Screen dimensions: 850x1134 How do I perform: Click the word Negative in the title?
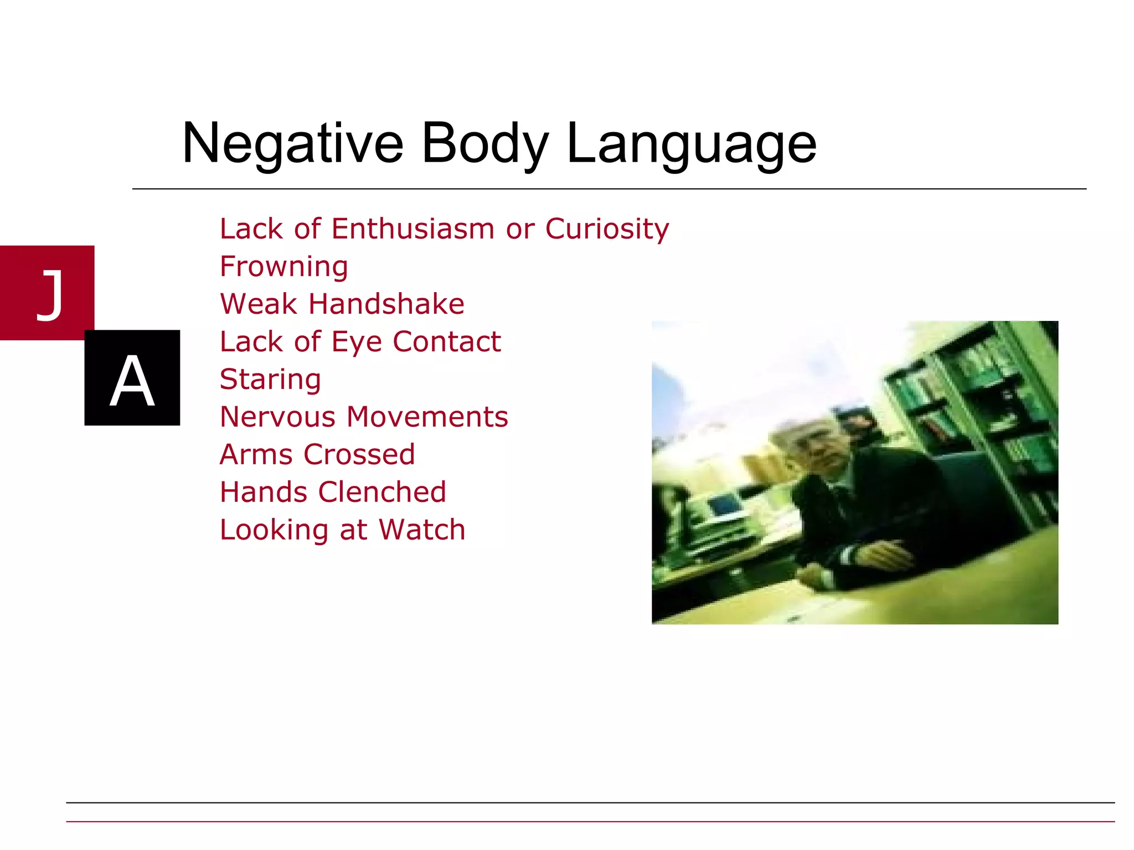coord(292,144)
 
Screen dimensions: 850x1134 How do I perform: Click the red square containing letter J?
coord(47,292)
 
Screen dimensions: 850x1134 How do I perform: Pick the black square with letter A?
coord(132,378)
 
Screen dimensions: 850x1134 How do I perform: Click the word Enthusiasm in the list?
coord(413,229)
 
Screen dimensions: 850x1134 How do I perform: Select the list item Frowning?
coord(284,267)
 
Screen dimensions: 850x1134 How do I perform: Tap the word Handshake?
coord(386,304)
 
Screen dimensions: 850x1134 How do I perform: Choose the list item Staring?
coord(270,379)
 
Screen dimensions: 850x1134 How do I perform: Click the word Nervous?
coord(277,417)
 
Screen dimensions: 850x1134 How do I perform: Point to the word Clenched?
coord(382,492)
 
